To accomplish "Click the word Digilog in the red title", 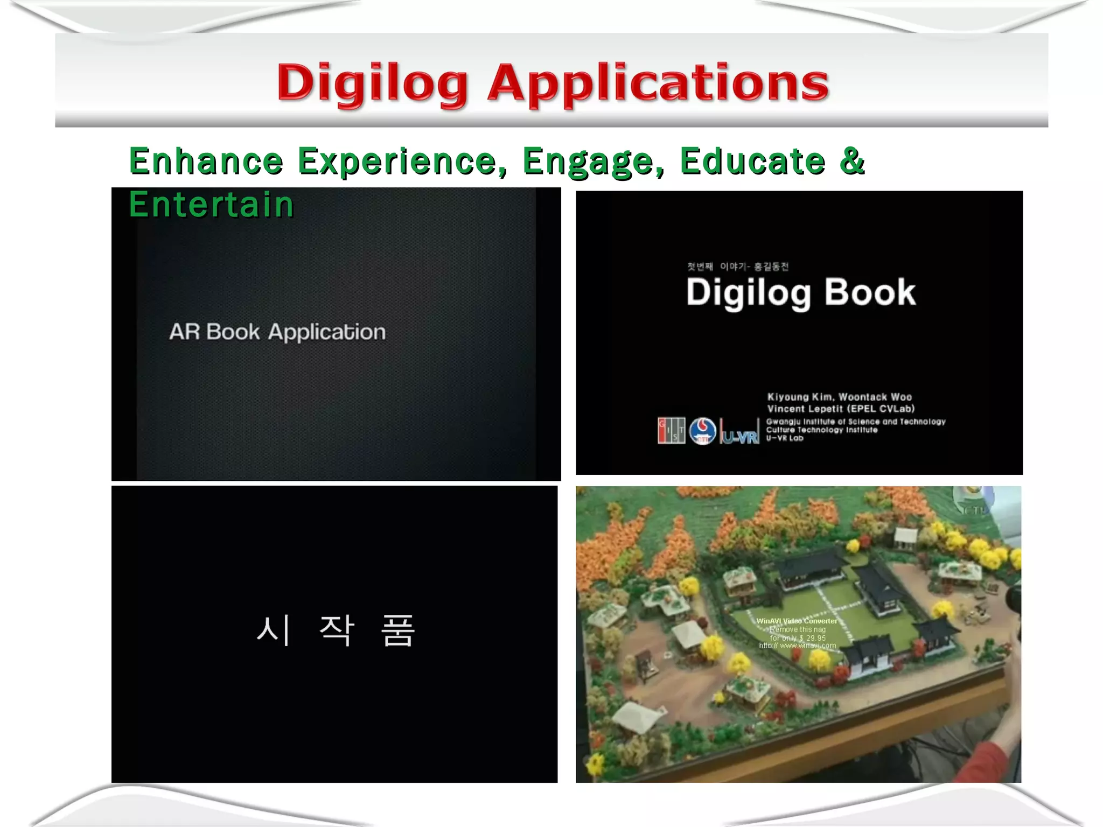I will pyautogui.click(x=372, y=83).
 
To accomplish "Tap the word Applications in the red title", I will pyautogui.click(x=658, y=83).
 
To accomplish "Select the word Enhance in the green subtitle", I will pyautogui.click(x=206, y=161).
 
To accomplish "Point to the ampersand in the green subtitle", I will pyautogui.click(x=852, y=160).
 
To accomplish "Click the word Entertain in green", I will pyautogui.click(x=211, y=205).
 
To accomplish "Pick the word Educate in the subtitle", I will pyautogui.click(x=752, y=161).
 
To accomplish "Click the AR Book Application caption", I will pyautogui.click(x=277, y=332).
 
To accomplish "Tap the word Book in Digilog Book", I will pyautogui.click(x=869, y=292).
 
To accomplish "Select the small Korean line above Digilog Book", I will pyautogui.click(x=737, y=267).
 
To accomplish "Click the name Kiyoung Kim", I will pyautogui.click(x=800, y=397).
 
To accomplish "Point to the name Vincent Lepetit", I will pyautogui.click(x=806, y=409).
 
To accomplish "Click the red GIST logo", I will pyautogui.click(x=671, y=431).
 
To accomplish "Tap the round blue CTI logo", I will pyautogui.click(x=702, y=431).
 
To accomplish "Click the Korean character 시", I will pyautogui.click(x=274, y=630).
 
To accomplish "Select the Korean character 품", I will pyautogui.click(x=397, y=630).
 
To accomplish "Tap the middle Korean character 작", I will pyautogui.click(x=337, y=630).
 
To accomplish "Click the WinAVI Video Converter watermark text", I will pyautogui.click(x=797, y=621).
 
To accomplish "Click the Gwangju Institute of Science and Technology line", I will pyautogui.click(x=855, y=422).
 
